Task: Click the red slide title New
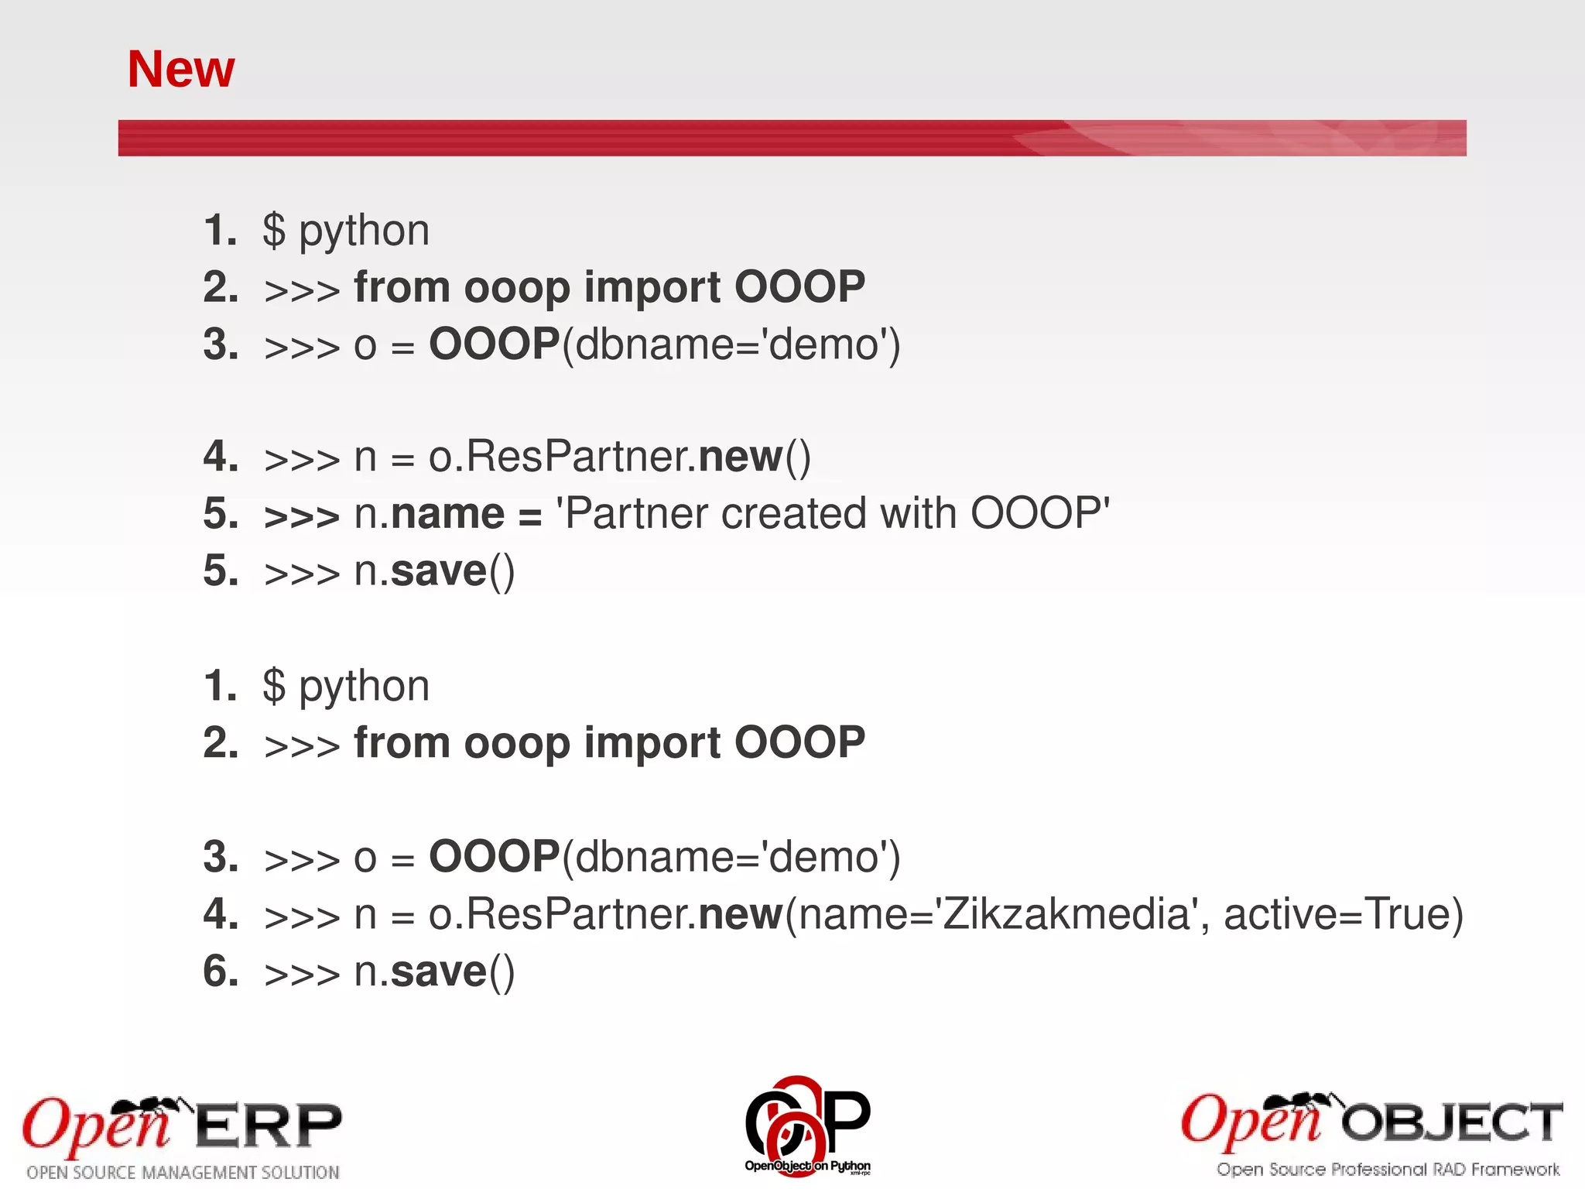(x=180, y=70)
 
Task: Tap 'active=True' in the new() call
(x=1344, y=914)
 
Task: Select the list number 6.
(x=220, y=971)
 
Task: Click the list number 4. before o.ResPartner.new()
(x=220, y=457)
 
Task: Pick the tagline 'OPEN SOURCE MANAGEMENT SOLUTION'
(x=183, y=1172)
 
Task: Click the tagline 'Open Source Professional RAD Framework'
(x=1388, y=1169)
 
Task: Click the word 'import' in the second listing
(x=652, y=743)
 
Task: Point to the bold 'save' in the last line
(x=439, y=971)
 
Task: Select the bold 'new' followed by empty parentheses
(x=741, y=457)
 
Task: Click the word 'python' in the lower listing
(x=364, y=687)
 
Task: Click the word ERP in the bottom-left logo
(x=267, y=1126)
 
